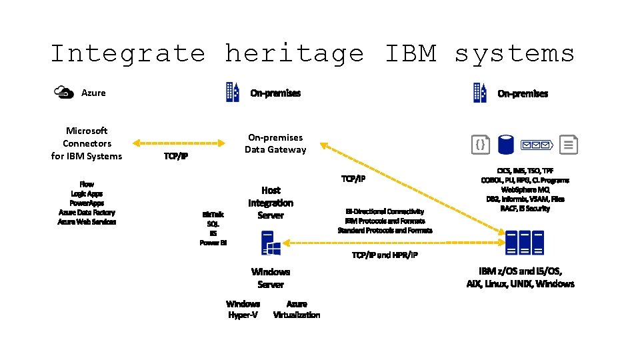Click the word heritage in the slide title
click(x=294, y=53)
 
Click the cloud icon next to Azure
click(x=64, y=93)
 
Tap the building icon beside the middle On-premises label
click(x=232, y=93)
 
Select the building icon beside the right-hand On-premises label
click(x=480, y=93)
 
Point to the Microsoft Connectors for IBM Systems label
click(x=87, y=143)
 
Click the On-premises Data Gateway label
click(x=275, y=143)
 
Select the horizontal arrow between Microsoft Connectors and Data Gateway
click(x=179, y=143)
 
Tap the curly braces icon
click(x=481, y=144)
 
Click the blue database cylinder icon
click(x=507, y=143)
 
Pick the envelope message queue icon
click(x=537, y=144)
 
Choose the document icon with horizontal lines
click(x=569, y=144)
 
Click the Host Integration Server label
click(x=271, y=203)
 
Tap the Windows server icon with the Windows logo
click(x=271, y=243)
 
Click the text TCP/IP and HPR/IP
click(x=385, y=255)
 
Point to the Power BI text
click(x=213, y=243)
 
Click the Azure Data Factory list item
click(x=87, y=212)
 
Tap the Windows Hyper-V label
click(x=243, y=309)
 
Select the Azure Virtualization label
click(x=297, y=309)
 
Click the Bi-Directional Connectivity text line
click(x=385, y=211)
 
